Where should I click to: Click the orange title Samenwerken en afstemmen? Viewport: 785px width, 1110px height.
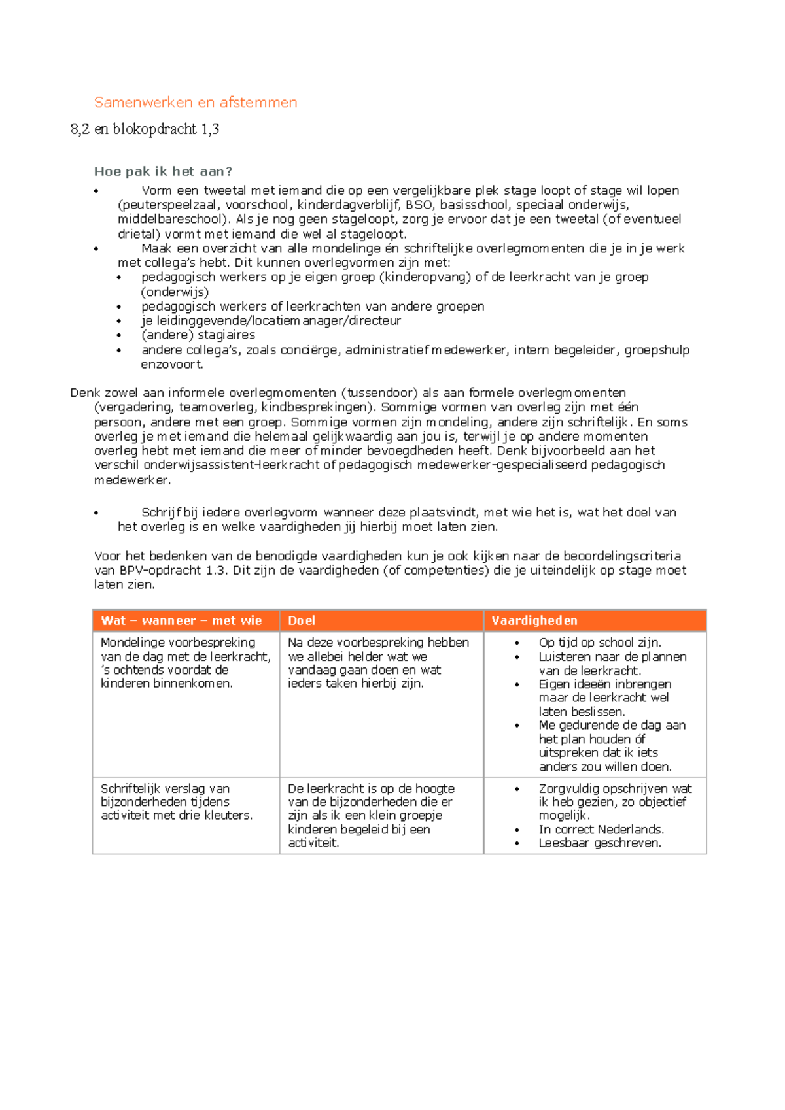point(195,102)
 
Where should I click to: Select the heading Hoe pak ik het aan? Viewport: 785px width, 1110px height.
point(163,171)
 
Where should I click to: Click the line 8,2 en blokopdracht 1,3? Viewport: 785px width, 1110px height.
point(145,129)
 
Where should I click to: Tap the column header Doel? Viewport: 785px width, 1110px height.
point(301,620)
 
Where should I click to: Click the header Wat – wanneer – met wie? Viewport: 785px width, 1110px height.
point(181,620)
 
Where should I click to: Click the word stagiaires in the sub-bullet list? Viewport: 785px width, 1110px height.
point(226,335)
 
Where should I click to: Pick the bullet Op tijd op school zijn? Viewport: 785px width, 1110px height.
point(599,642)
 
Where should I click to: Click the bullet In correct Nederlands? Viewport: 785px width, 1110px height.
point(601,829)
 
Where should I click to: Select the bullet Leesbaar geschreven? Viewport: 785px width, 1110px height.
point(599,843)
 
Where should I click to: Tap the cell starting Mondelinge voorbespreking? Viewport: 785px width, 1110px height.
point(185,662)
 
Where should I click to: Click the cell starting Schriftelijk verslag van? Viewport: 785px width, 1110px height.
point(176,801)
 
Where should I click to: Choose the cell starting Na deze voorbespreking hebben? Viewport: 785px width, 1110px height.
point(377,662)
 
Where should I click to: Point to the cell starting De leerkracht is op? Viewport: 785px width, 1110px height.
point(370,815)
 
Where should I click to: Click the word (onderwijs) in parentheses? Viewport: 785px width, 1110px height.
point(175,292)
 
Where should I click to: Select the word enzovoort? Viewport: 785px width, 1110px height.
point(171,364)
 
